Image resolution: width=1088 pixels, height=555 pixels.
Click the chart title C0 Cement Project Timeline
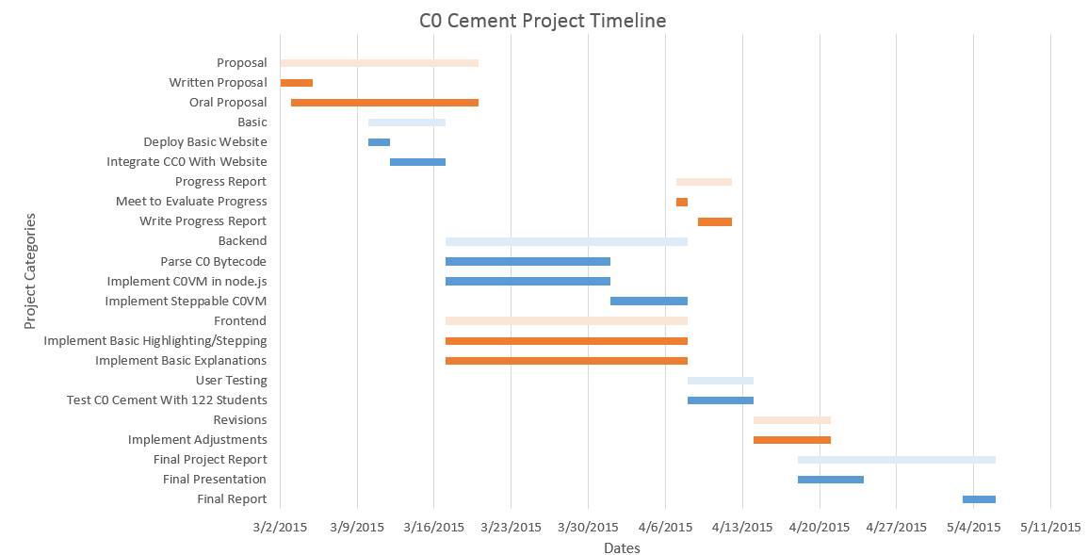pos(543,21)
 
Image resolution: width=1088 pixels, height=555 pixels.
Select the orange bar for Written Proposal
pos(297,83)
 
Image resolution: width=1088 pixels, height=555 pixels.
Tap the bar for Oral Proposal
pos(384,103)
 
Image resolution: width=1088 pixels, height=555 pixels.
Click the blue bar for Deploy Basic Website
pos(379,142)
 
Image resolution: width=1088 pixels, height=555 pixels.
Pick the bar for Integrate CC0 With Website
pos(417,162)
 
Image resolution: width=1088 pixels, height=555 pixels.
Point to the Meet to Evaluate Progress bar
pos(682,202)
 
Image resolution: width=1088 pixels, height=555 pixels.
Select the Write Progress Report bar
pos(715,221)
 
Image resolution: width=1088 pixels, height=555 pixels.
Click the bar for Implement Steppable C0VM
pos(649,302)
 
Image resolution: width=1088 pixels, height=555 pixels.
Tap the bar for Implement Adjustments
pos(792,440)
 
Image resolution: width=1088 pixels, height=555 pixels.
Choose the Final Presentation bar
pos(831,480)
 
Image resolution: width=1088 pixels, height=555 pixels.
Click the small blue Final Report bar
pos(979,499)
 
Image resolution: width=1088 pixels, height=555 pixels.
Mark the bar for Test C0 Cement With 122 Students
pos(721,400)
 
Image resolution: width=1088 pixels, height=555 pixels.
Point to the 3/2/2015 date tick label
pos(280,528)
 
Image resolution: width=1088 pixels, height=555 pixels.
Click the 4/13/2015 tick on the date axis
pos(741,528)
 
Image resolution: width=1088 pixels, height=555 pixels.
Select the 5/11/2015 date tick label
pos(1050,528)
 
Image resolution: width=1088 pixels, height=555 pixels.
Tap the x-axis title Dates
pos(622,548)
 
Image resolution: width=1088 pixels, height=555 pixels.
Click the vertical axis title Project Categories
pos(30,271)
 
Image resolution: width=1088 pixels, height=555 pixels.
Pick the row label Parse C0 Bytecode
pos(213,262)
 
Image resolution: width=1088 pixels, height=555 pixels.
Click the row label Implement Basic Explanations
pos(181,361)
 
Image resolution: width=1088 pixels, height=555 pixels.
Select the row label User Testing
pos(231,381)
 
